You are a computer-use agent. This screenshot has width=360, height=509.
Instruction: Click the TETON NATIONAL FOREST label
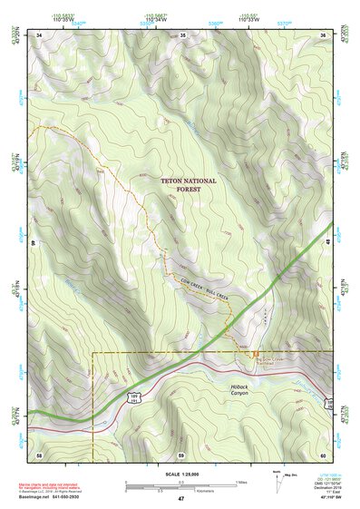pos(189,185)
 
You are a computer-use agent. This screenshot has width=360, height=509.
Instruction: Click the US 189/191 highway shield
pos(134,397)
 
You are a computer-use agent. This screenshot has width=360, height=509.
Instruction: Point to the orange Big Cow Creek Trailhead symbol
pos(256,355)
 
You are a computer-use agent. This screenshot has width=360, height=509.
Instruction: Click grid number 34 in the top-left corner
pos(39,35)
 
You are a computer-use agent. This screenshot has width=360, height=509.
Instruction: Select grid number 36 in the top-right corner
pos(323,35)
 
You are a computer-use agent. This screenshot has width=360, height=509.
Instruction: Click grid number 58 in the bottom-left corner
pos(39,453)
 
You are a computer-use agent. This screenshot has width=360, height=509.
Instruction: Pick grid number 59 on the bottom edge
pos(181,453)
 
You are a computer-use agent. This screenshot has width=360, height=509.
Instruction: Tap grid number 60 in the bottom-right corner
pos(323,453)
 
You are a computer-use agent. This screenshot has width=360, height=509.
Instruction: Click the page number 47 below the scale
pos(180,499)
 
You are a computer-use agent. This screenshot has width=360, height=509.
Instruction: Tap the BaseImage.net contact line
pos(64,496)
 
